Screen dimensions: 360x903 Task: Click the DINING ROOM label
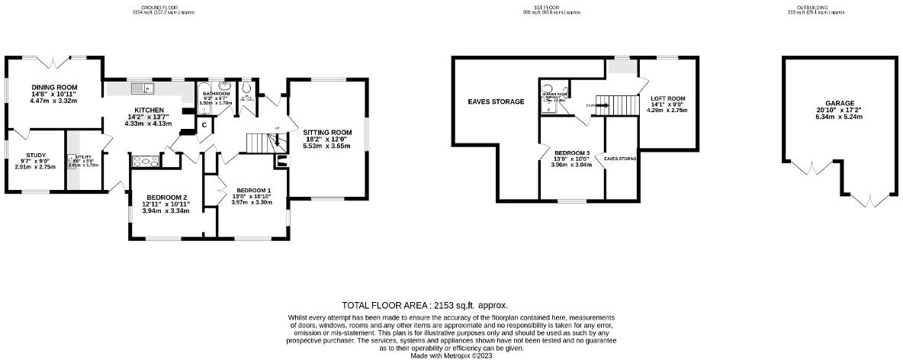coord(54,88)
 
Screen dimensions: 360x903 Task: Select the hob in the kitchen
coord(146,161)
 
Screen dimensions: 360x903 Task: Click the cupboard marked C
coord(204,126)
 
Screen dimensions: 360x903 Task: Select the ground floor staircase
coord(260,142)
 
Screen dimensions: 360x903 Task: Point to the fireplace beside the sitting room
coord(281,160)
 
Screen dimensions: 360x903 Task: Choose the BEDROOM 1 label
coord(253,190)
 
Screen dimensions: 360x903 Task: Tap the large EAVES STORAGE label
coord(496,101)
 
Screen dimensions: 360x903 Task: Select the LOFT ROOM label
coord(667,98)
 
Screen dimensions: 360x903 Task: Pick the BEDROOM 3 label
coord(571,153)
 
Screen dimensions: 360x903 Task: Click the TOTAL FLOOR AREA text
coord(424,304)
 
